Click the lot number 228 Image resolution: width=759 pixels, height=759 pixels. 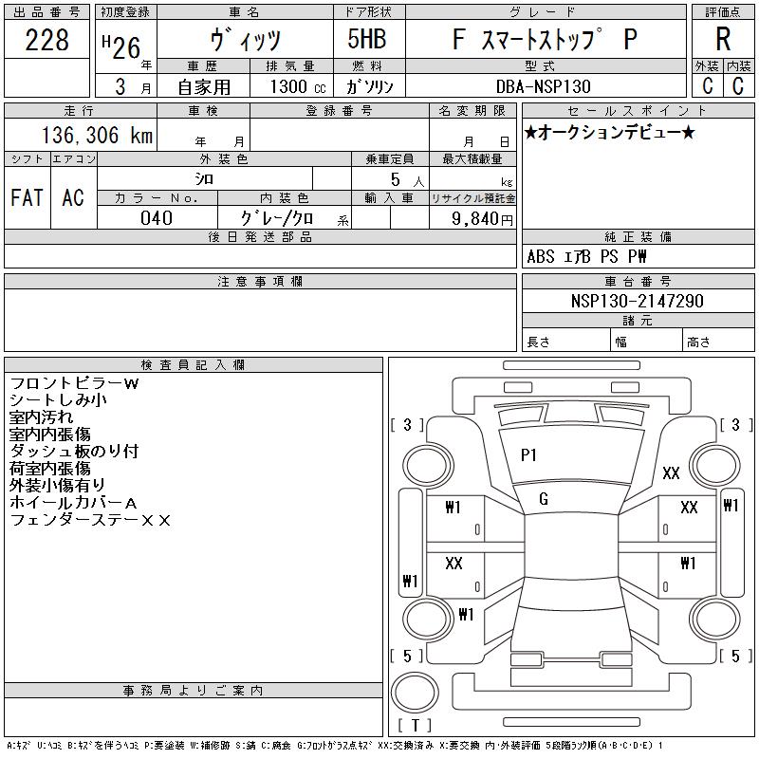pos(46,40)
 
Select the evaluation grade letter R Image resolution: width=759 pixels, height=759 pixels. pos(723,39)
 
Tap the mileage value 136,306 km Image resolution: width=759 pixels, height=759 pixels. pos(98,135)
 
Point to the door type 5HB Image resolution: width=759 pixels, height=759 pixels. pos(367,39)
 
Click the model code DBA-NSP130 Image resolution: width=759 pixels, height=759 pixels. pos(544,86)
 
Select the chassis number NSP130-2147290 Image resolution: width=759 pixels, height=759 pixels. pos(637,301)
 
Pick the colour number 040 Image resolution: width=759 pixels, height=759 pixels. pos(157,218)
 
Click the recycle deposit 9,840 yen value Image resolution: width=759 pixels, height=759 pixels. pos(482,219)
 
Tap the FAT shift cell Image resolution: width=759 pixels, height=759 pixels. pos(28,197)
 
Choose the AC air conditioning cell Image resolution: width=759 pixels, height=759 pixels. pos(73,197)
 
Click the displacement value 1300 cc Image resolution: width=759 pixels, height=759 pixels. pos(298,86)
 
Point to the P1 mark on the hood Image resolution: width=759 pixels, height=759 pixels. pos(528,455)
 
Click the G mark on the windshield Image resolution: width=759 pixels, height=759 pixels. pos(544,499)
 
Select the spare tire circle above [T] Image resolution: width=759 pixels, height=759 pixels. pos(415,693)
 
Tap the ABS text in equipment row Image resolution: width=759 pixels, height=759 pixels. pos(540,256)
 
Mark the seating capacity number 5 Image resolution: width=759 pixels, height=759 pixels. pos(396,179)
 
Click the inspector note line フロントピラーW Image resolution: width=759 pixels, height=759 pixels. pos(75,383)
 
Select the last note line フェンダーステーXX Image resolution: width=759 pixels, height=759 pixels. pos(90,520)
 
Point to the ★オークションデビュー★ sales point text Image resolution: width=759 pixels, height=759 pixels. pos(610,132)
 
